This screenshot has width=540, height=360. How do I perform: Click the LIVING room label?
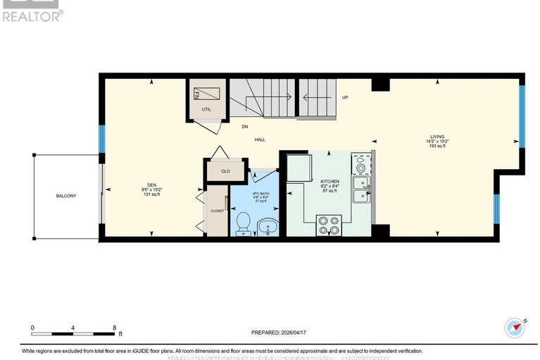[x=443, y=137]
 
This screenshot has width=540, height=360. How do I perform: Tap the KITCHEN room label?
[x=330, y=182]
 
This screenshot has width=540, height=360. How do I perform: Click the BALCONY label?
[x=68, y=195]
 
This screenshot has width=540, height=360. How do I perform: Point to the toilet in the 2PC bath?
[x=241, y=223]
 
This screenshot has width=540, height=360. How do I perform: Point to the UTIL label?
[x=206, y=110]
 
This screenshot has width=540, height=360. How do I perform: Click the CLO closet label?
[x=225, y=170]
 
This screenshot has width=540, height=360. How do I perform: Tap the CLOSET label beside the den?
[x=218, y=211]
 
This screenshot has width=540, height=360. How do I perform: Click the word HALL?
[x=260, y=139]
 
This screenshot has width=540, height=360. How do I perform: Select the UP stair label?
[x=345, y=97]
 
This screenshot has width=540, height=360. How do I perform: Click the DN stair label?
[x=245, y=127]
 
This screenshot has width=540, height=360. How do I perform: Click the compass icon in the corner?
[x=515, y=327]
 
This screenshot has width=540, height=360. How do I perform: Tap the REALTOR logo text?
[x=32, y=15]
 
